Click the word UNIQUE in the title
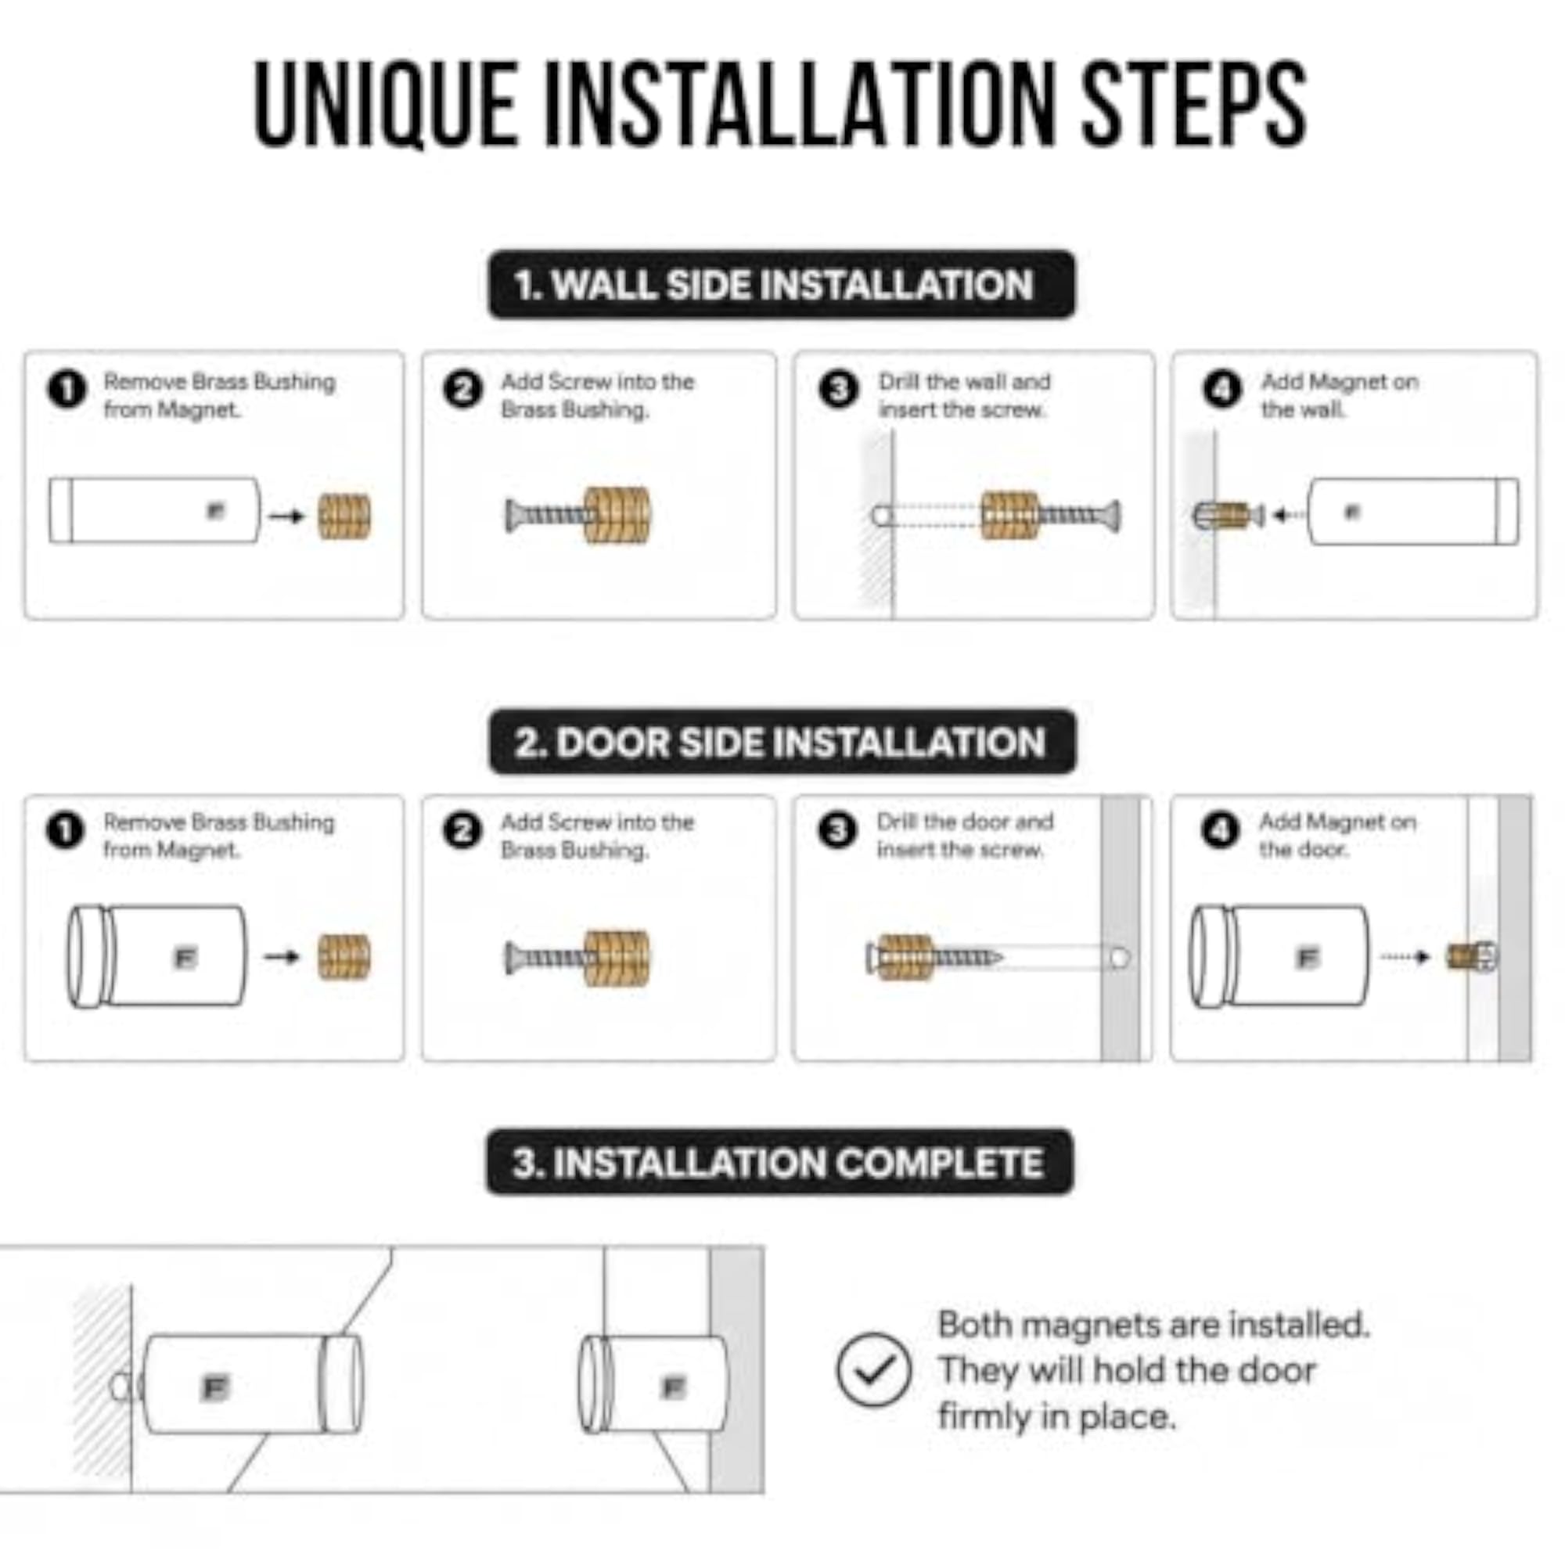386,104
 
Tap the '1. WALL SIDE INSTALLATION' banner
782,284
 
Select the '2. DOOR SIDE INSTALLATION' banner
782,742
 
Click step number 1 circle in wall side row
67,390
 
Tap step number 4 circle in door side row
1221,831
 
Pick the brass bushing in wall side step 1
344,516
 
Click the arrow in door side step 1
282,957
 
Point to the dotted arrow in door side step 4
1407,957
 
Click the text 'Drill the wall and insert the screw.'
964,396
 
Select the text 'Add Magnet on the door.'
1337,836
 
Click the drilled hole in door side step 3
1119,959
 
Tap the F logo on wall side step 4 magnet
1352,512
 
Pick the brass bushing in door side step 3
905,958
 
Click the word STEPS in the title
1195,104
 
